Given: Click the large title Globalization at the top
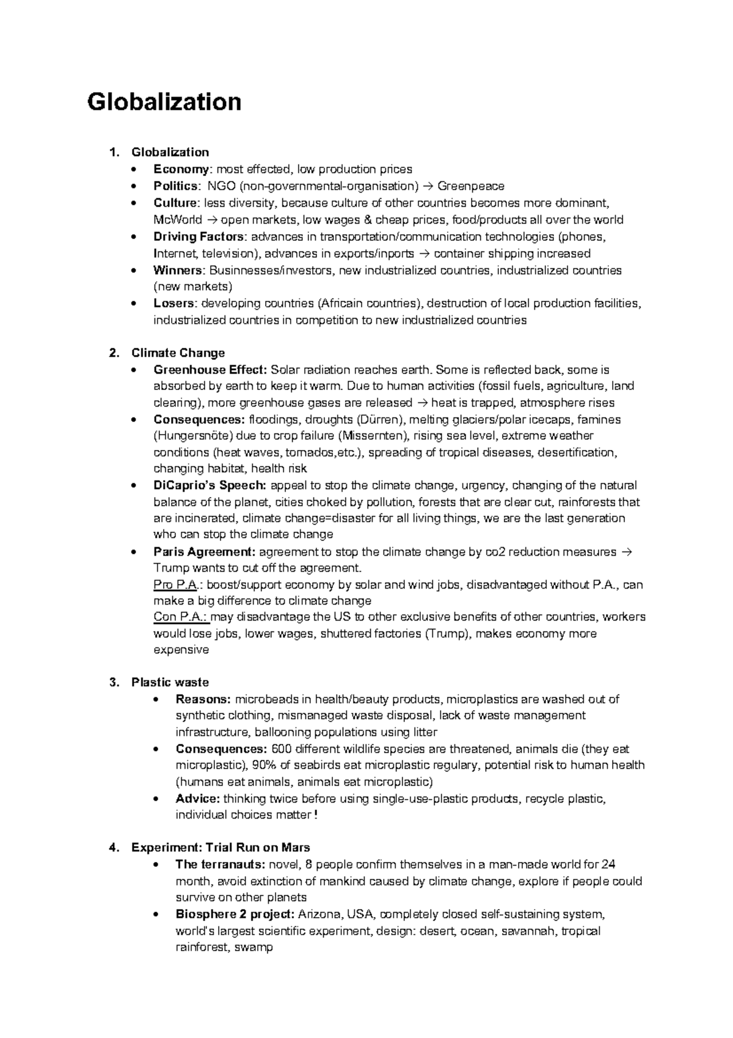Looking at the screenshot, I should tap(164, 101).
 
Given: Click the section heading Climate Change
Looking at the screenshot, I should tap(178, 353).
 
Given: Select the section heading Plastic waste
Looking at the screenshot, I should tap(170, 682).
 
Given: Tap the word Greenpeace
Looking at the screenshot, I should tap(471, 186).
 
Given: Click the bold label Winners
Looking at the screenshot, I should tap(178, 270).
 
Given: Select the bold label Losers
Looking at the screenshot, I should tap(175, 303).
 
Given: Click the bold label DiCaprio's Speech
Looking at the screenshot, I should tap(210, 485).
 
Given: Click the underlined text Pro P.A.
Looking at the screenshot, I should tap(175, 585).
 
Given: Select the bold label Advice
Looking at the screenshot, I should tap(197, 799).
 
